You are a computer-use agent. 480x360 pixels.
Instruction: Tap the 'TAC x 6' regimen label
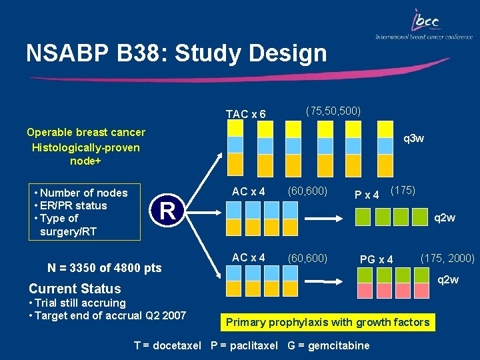[245, 114]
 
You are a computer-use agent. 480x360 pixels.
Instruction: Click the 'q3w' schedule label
[414, 139]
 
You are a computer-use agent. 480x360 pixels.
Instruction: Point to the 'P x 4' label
[366, 195]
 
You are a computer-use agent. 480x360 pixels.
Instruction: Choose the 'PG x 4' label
[376, 259]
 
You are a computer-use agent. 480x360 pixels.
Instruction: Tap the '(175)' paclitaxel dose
[403, 190]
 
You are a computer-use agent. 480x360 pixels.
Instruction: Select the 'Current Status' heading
[75, 289]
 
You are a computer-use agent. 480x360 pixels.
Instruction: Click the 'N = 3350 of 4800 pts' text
[105, 268]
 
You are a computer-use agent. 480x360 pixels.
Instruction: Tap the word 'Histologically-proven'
[85, 147]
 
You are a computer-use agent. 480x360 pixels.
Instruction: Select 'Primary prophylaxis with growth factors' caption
[327, 323]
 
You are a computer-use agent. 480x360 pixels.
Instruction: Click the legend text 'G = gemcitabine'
[329, 345]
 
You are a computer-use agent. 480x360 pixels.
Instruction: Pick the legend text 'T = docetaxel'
[169, 345]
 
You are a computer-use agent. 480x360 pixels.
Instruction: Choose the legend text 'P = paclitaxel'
[244, 345]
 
